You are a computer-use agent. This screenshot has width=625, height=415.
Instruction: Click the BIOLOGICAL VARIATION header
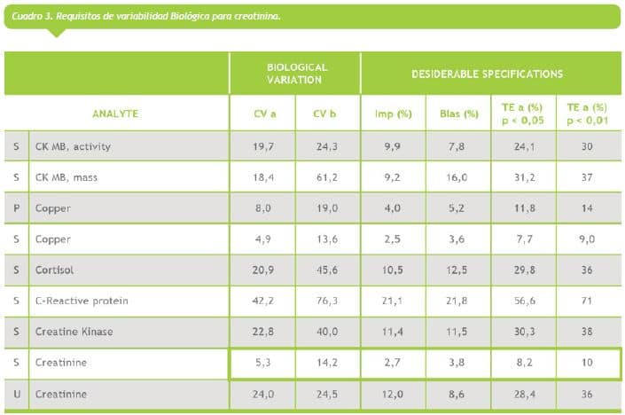point(297,73)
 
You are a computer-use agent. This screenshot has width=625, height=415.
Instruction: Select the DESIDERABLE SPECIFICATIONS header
point(487,74)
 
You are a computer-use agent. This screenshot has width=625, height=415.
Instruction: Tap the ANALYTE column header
point(115,114)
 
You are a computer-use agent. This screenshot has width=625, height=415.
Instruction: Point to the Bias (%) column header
point(458,114)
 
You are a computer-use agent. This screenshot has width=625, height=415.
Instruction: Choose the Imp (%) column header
point(393,114)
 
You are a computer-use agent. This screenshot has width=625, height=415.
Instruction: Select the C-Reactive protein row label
point(82,301)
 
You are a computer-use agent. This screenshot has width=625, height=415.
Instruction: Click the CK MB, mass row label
point(66,177)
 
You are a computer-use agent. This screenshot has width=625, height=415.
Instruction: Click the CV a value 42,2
point(263,301)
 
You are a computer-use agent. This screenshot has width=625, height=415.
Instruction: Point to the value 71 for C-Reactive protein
point(587,301)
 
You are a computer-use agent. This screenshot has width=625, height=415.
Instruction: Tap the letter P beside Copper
point(16,208)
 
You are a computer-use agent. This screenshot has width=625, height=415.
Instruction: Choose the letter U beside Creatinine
point(16,394)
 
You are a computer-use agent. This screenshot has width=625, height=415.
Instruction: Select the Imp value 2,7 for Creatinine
point(393,363)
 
